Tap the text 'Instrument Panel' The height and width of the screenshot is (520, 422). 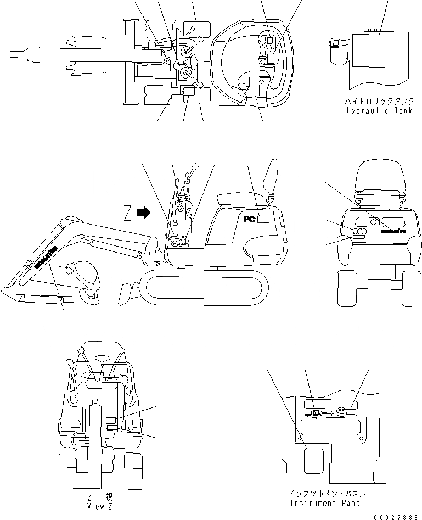[x=320, y=503]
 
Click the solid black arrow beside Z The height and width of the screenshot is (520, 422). [x=144, y=213]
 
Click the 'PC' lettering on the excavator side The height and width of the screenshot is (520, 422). [x=250, y=219]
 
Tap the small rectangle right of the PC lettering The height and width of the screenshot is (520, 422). [x=264, y=219]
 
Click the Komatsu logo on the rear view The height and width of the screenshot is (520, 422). [x=393, y=232]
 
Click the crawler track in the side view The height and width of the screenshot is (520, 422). [x=205, y=286]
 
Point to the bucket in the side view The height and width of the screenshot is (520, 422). [x=82, y=280]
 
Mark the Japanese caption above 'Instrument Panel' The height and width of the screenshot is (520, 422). [x=320, y=494]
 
